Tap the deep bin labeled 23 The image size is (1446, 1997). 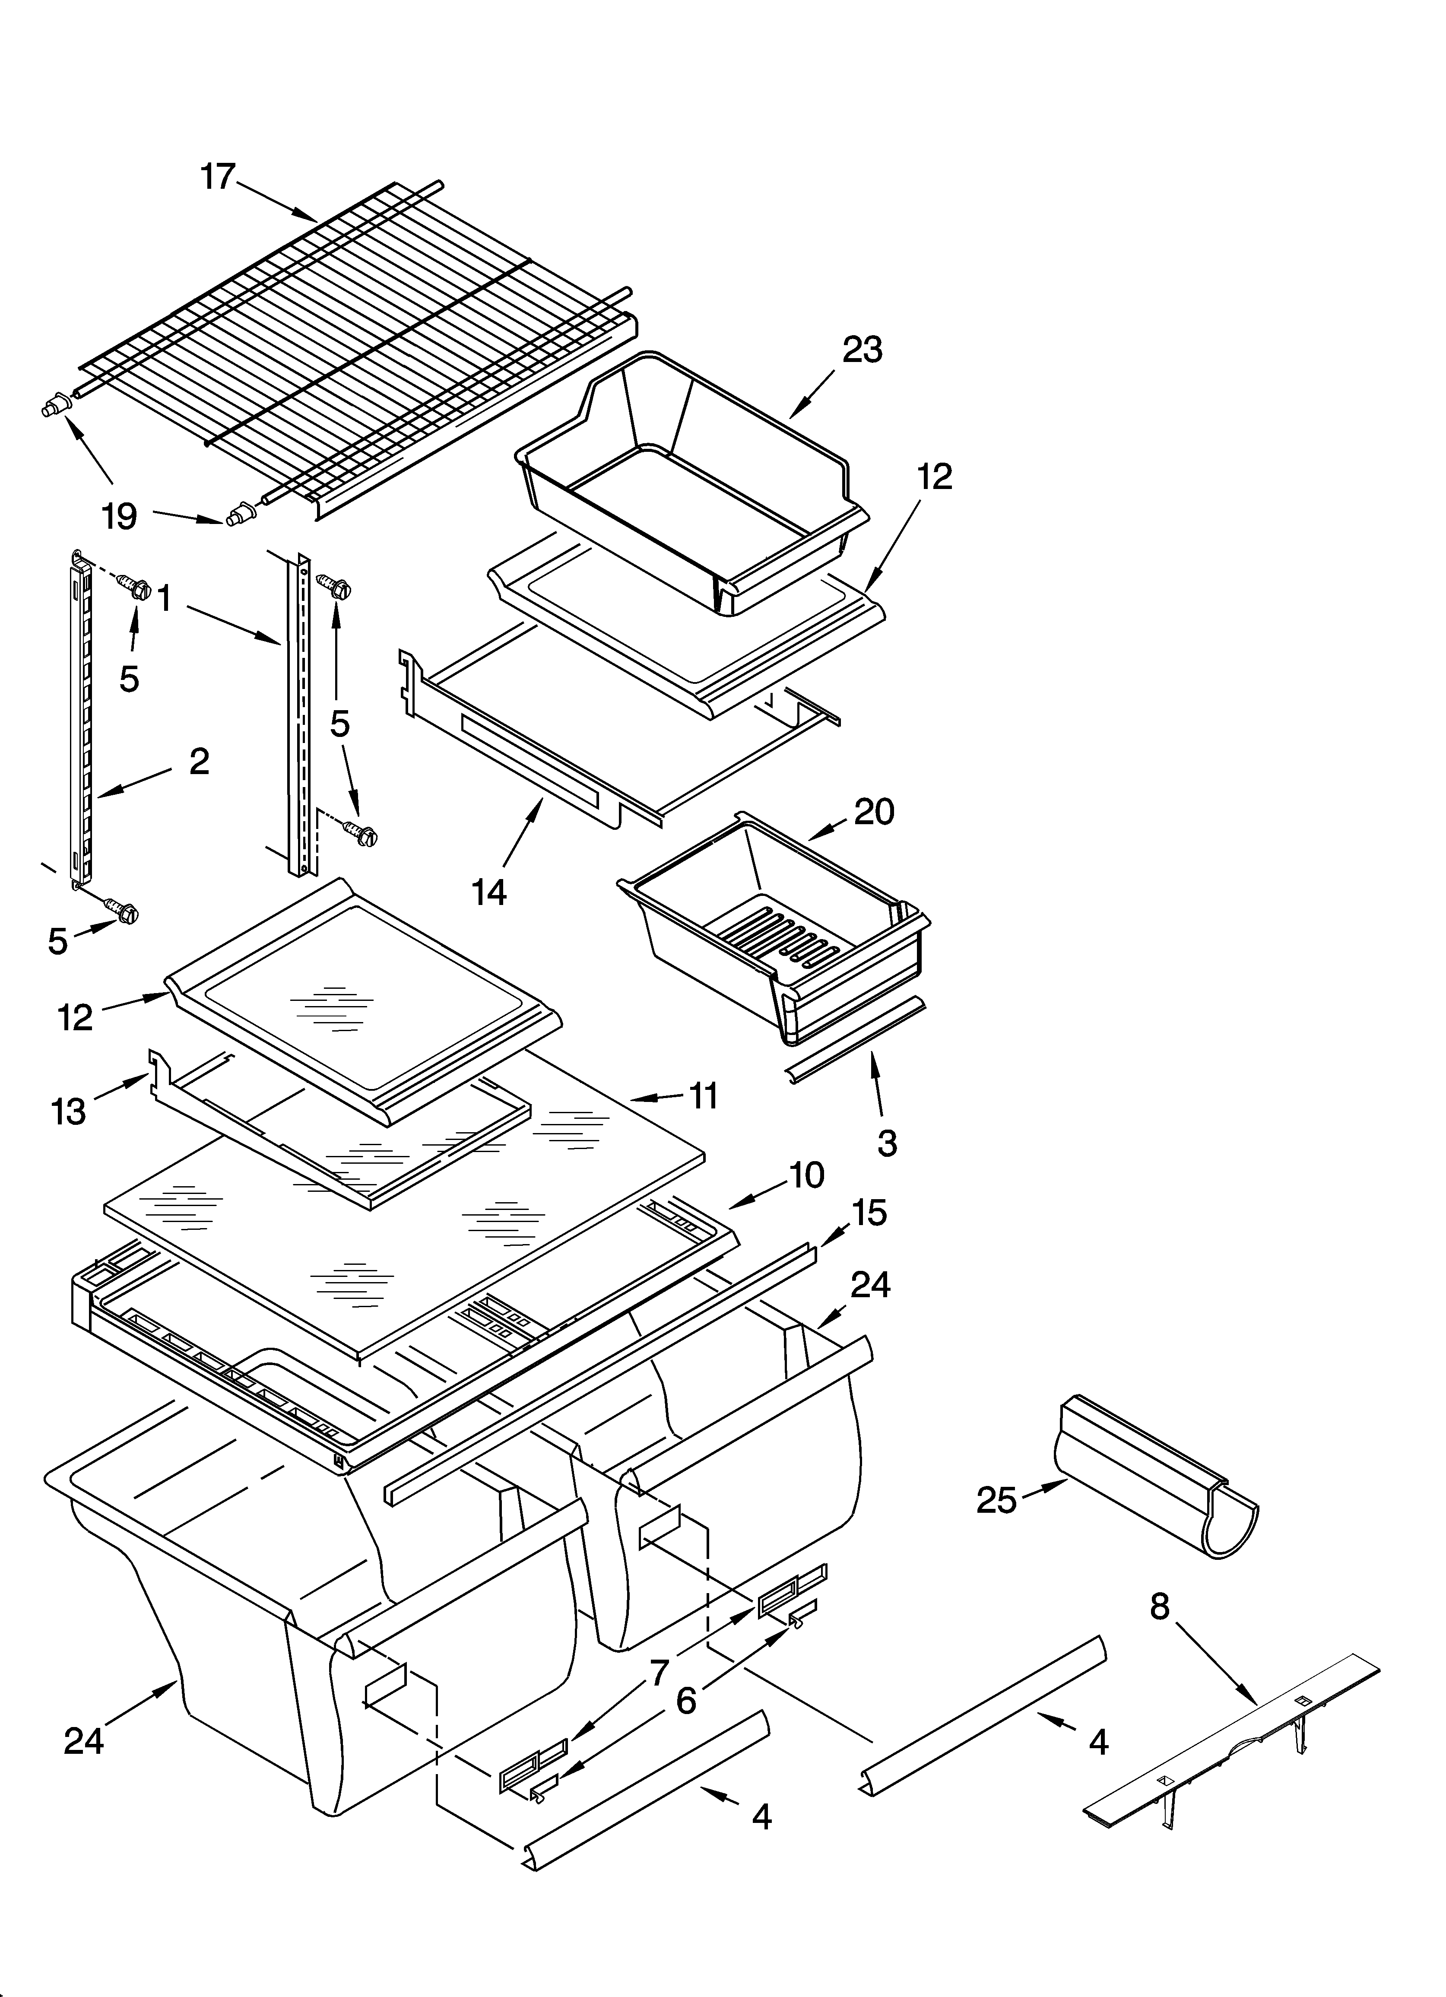point(687,476)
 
